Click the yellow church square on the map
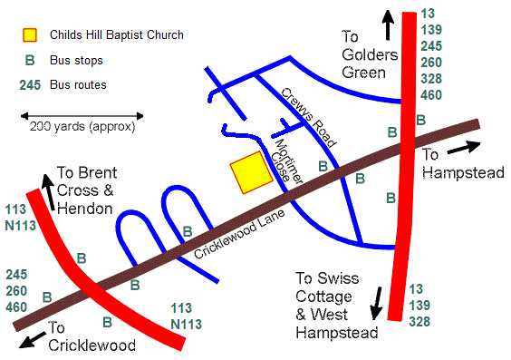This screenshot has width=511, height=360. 252,173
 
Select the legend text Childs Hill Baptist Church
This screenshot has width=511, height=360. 117,35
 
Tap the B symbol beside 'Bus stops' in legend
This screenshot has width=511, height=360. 30,61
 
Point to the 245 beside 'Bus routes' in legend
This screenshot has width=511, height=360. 30,85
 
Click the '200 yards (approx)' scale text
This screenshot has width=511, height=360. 82,127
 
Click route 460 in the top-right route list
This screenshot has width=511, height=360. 432,94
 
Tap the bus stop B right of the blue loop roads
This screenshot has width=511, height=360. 188,230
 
